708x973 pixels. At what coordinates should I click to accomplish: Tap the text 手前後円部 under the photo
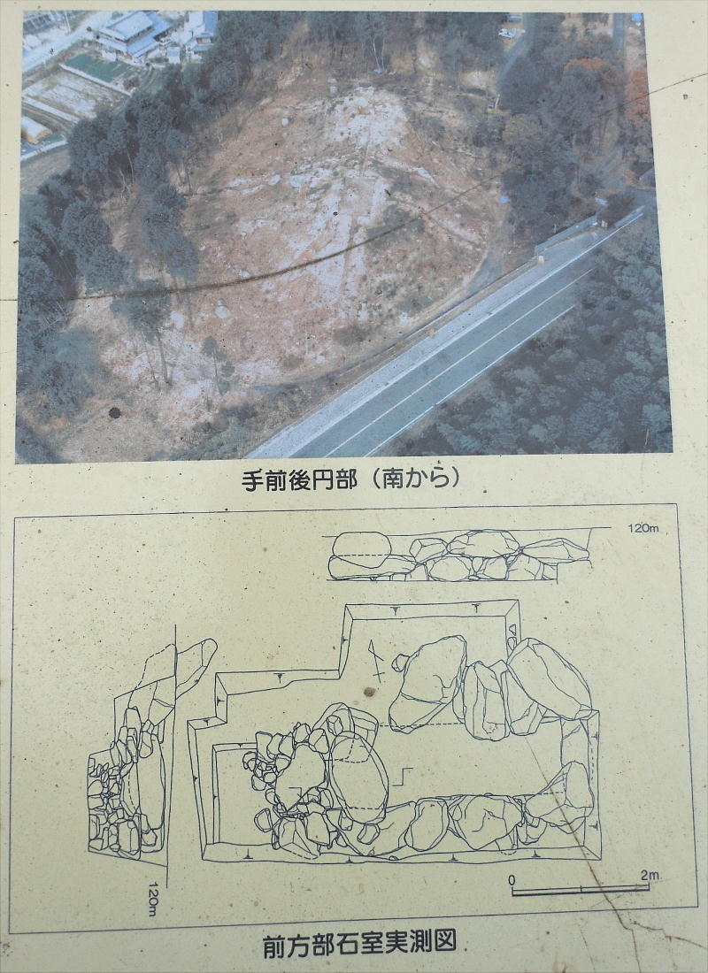click(x=299, y=479)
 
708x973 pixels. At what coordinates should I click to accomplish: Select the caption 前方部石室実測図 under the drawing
click(x=359, y=943)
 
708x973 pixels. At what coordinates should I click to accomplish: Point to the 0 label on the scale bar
click(x=512, y=879)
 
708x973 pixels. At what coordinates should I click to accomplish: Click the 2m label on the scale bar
click(x=649, y=876)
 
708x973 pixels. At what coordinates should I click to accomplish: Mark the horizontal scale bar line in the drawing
click(x=580, y=891)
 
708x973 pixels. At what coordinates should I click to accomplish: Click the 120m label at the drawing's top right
click(x=643, y=528)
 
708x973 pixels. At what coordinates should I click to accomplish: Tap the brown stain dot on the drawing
click(x=370, y=692)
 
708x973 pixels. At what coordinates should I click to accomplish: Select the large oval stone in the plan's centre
click(x=358, y=772)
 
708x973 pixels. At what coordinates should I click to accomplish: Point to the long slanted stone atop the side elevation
click(x=196, y=666)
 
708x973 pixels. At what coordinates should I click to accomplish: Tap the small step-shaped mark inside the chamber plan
click(x=404, y=777)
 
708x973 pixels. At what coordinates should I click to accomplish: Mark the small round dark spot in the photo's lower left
click(x=115, y=413)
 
